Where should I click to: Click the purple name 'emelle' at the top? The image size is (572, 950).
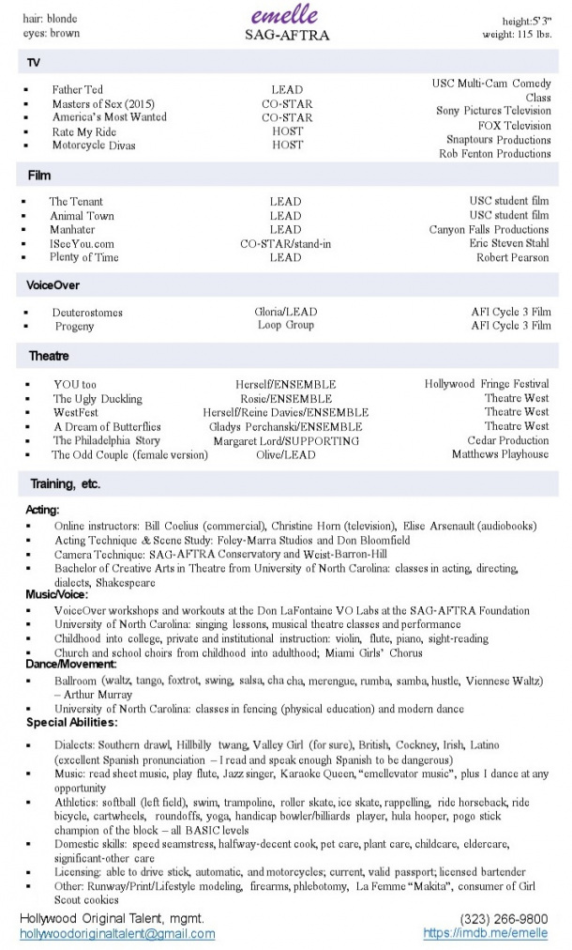(285, 15)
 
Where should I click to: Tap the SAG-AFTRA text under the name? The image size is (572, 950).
(286, 36)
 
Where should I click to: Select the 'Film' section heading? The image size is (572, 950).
(39, 176)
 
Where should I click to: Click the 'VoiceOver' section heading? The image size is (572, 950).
(53, 283)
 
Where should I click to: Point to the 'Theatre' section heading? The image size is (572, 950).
(49, 357)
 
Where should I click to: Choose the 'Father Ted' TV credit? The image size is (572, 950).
(78, 90)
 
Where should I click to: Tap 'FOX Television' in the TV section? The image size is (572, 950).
(514, 126)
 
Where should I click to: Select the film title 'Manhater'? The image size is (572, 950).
(72, 230)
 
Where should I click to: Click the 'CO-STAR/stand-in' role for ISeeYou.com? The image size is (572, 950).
(286, 244)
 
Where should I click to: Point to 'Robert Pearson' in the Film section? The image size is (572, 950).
(512, 257)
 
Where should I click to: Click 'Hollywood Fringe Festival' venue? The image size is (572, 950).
(487, 384)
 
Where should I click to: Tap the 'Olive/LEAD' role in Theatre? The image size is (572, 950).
(286, 454)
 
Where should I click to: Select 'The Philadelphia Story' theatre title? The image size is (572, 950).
(107, 440)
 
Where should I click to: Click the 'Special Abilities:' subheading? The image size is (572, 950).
(71, 723)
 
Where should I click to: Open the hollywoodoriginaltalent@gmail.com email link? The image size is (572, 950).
(117, 934)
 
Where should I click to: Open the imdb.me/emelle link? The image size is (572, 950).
(486, 933)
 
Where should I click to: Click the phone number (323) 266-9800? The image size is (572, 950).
(504, 918)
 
